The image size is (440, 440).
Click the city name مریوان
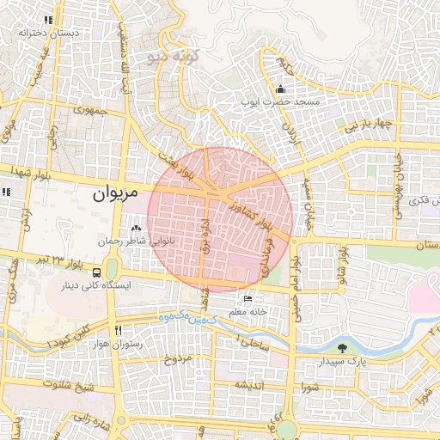tap(113, 195)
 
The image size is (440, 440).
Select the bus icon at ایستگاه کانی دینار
tap(95, 272)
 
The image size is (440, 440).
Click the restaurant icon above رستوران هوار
tap(119, 330)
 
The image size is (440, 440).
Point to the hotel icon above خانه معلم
tap(248, 299)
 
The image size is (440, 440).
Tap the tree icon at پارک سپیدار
tap(343, 348)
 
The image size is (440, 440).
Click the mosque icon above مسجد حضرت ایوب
tap(280, 89)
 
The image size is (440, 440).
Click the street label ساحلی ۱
tap(256, 344)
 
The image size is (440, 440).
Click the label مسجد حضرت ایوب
tap(284, 101)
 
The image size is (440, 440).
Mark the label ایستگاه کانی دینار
tap(92, 286)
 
